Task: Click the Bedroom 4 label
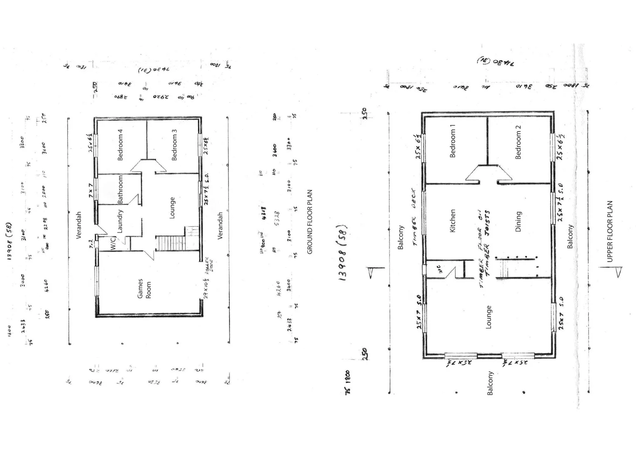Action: click(120, 145)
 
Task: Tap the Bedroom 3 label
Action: click(174, 145)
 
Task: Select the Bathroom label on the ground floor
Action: click(121, 189)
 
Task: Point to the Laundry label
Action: click(120, 221)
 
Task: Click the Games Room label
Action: click(144, 288)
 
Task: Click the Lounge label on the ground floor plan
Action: click(172, 207)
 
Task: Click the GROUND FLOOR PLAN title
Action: click(310, 222)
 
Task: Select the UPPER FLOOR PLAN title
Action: click(610, 232)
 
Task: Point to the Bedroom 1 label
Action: click(453, 140)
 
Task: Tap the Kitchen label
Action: click(453, 220)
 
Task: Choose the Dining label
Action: click(518, 221)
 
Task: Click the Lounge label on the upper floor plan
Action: click(489, 317)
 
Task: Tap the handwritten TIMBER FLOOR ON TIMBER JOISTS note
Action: click(484, 249)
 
